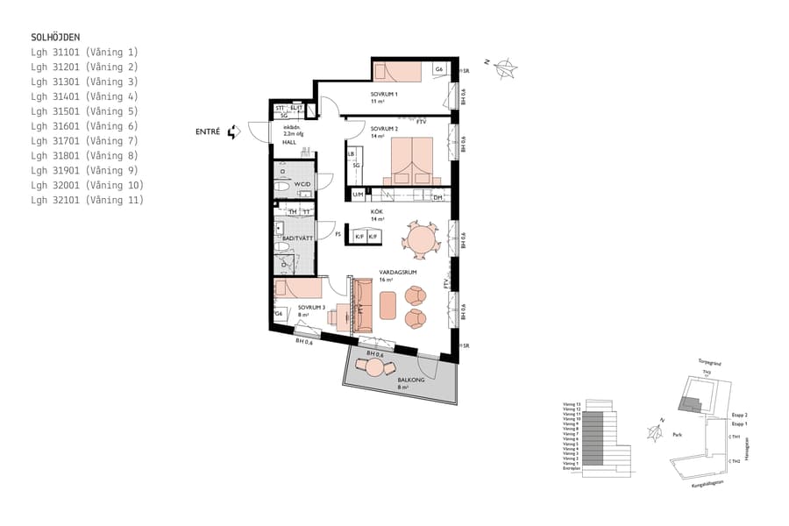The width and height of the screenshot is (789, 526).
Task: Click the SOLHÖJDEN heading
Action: pyautogui.click(x=55, y=38)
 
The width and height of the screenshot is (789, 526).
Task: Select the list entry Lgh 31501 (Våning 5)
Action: pyautogui.click(x=84, y=111)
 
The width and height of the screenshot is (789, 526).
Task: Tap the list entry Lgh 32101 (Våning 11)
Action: pyautogui.click(x=87, y=201)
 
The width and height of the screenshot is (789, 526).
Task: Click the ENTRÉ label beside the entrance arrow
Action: pyautogui.click(x=208, y=132)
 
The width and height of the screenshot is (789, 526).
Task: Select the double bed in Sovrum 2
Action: pyautogui.click(x=409, y=163)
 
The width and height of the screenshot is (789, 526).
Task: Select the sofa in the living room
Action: pyautogui.click(x=363, y=301)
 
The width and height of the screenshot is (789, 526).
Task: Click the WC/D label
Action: pyautogui.click(x=303, y=184)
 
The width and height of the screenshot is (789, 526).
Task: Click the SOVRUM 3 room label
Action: pyautogui.click(x=310, y=308)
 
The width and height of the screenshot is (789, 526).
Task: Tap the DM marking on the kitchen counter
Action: pyautogui.click(x=438, y=197)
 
